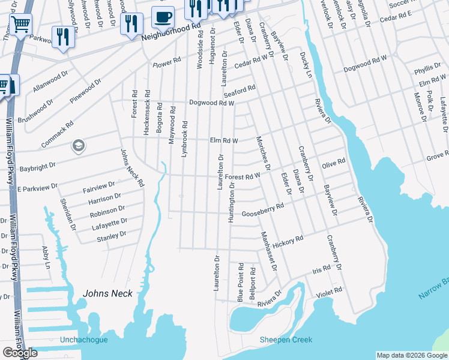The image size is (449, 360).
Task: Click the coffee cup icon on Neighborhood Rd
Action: pos(163,17)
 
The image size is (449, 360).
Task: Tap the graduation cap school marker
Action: pos(77,146)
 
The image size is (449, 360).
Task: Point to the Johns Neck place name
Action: pos(107,293)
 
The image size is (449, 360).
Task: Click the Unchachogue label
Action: pos(83,340)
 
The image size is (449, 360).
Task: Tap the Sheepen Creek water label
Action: pos(286,340)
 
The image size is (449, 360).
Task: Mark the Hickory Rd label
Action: pos(288,241)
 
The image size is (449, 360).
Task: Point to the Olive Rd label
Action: pos(334,163)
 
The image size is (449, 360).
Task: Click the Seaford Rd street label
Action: pos(240,91)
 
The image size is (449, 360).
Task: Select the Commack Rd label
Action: pos(57,134)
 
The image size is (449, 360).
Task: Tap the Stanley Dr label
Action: pos(112,237)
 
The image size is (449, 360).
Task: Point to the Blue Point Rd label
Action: pos(240,282)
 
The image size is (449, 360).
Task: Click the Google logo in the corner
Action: pos(20,352)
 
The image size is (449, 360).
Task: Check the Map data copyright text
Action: pos(411,355)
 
